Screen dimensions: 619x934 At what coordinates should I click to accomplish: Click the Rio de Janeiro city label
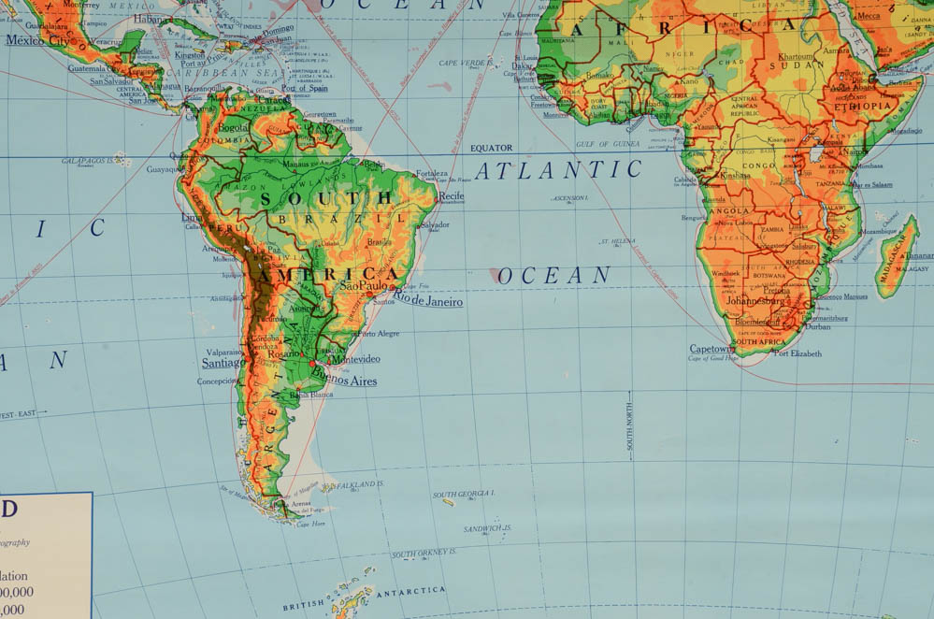[x=428, y=300]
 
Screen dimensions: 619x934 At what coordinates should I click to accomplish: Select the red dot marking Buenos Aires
[x=311, y=363]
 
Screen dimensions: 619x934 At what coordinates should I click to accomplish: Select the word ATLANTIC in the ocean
[x=558, y=170]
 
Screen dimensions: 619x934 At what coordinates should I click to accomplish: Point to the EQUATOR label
[x=491, y=148]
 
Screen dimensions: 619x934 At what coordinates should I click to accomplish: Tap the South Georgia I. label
[x=464, y=494]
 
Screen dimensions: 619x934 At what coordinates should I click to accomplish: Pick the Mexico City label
[x=38, y=40]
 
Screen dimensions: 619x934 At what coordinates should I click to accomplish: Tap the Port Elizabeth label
[x=798, y=353]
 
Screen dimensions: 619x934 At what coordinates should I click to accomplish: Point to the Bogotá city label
[x=233, y=126]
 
